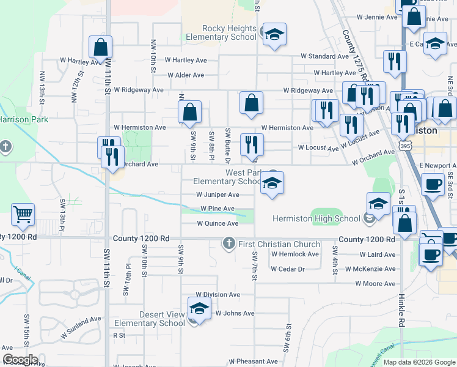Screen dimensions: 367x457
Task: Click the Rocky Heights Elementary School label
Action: click(229, 32)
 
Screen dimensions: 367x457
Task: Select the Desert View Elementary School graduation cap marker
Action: click(199, 310)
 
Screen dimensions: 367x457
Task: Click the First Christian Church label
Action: click(272, 244)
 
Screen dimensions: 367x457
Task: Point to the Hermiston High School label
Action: click(316, 218)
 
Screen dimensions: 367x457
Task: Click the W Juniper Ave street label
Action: click(218, 195)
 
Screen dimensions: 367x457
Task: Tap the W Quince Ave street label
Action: click(218, 224)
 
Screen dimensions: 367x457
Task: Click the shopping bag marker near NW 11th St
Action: click(100, 46)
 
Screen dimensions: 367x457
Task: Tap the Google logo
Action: click(20, 360)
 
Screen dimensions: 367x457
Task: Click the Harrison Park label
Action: click(23, 120)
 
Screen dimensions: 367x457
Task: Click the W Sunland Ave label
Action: click(80, 327)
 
